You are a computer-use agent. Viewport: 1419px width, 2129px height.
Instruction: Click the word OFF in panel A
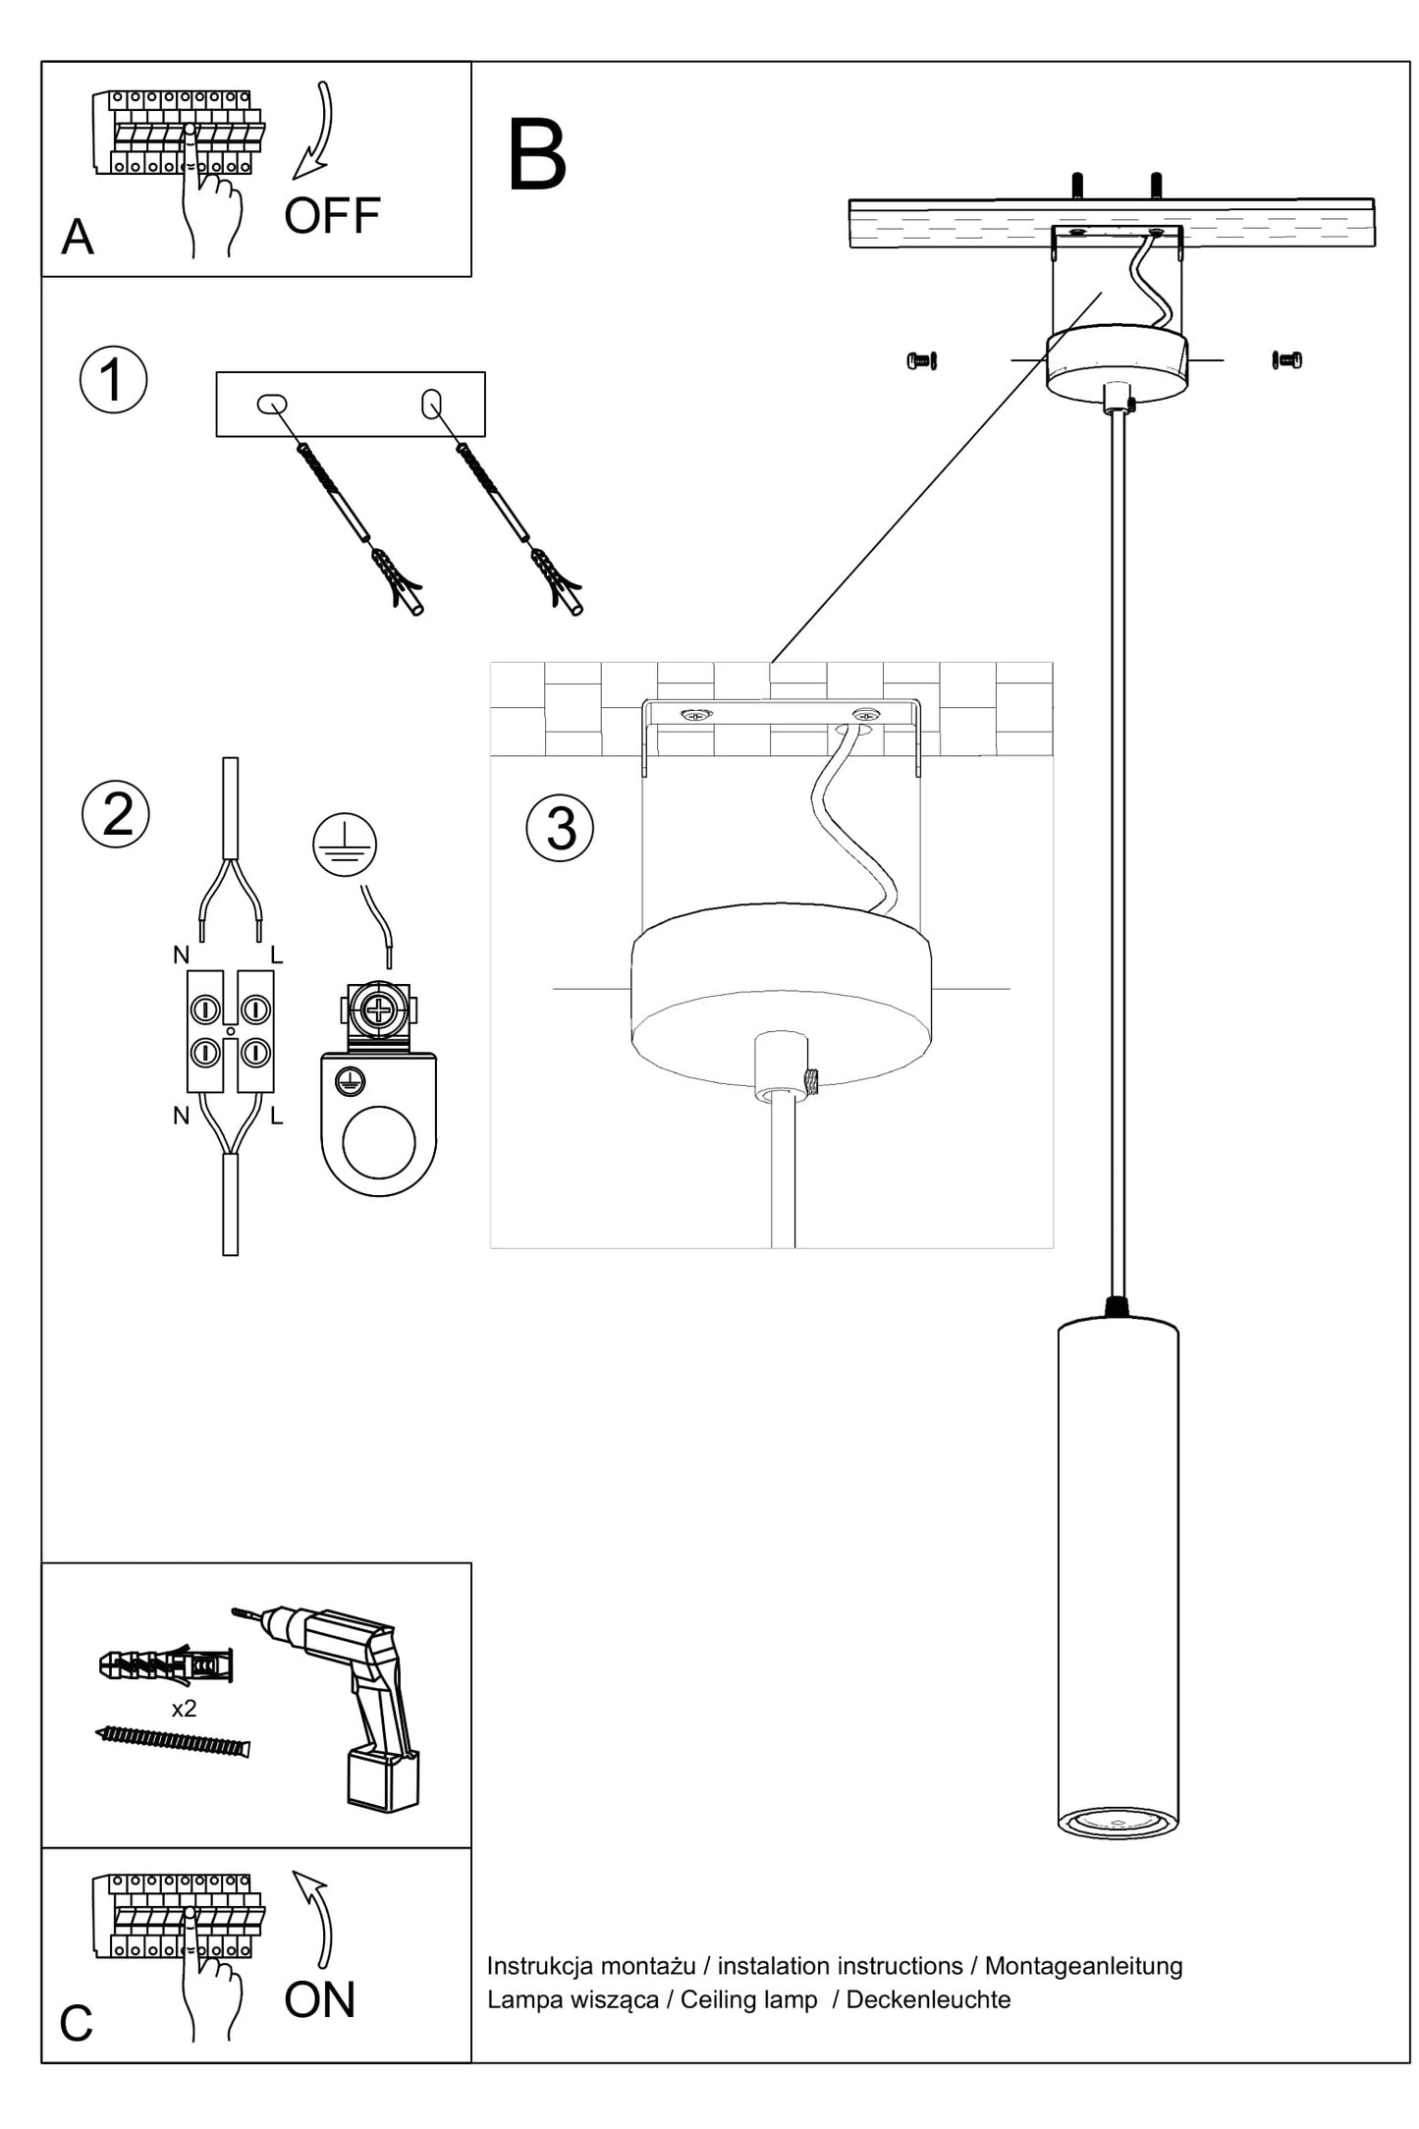coord(332,216)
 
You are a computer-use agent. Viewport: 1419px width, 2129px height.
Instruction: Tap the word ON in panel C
coord(319,1999)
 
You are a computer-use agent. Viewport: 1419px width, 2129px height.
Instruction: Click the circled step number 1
coord(114,380)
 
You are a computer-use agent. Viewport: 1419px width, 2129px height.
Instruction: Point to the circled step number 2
coord(116,814)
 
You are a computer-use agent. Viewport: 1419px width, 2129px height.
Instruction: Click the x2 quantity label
coord(184,1709)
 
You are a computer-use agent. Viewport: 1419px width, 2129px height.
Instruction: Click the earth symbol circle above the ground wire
coord(345,845)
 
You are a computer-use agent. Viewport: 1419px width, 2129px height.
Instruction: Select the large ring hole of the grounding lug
coord(378,1142)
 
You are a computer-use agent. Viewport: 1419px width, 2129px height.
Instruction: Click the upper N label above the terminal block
coord(181,955)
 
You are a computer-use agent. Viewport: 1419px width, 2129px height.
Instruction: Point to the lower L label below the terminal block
coord(276,1116)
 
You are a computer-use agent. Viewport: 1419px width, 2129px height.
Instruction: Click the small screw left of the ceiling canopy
coord(921,360)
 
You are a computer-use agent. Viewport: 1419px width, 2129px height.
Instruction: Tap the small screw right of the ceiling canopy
coord(1286,360)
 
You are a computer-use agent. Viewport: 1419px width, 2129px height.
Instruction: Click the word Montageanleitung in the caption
coord(1083,1966)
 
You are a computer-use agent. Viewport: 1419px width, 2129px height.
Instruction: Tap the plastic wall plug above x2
coord(166,1665)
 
